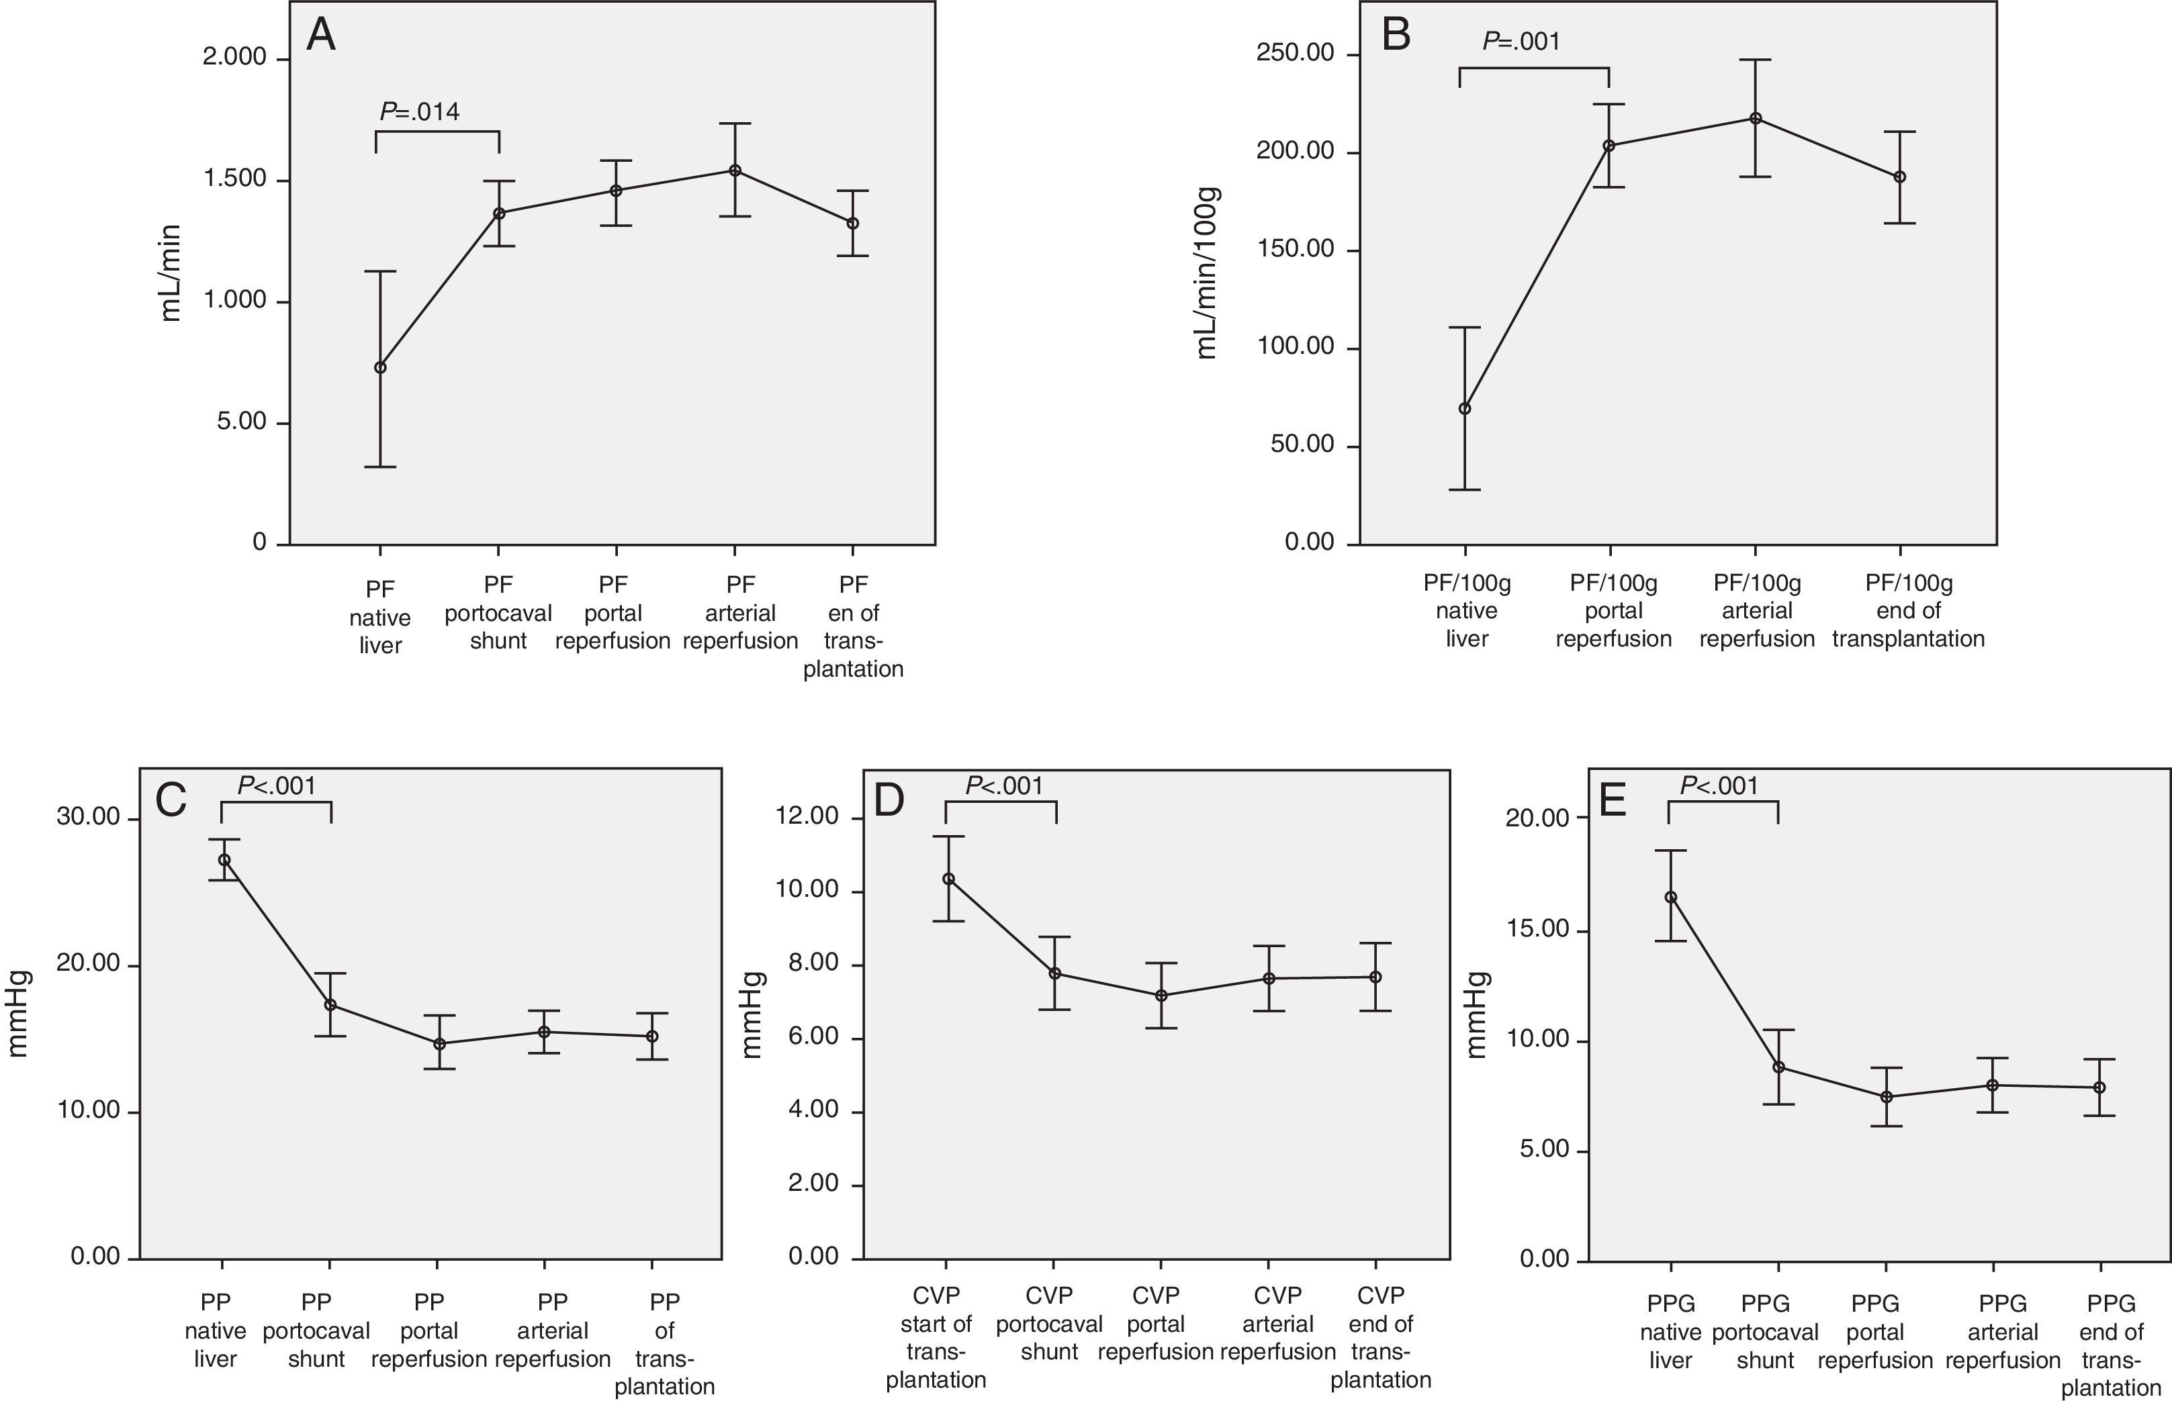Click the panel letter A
pyautogui.click(x=321, y=36)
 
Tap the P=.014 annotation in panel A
pyautogui.click(x=420, y=112)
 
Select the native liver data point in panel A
pyautogui.click(x=380, y=367)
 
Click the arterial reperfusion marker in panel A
pyautogui.click(x=735, y=170)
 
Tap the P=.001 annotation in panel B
pyautogui.click(x=1521, y=41)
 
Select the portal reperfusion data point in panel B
pyautogui.click(x=1609, y=146)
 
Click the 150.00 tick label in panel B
pyautogui.click(x=1295, y=249)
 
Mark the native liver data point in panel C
pyautogui.click(x=224, y=860)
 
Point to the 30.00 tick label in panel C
pyautogui.click(x=88, y=817)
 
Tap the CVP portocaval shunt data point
pyautogui.click(x=1054, y=973)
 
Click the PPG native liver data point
pyautogui.click(x=1670, y=897)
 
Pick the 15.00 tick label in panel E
pyautogui.click(x=1537, y=930)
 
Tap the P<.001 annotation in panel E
pyautogui.click(x=1719, y=786)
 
